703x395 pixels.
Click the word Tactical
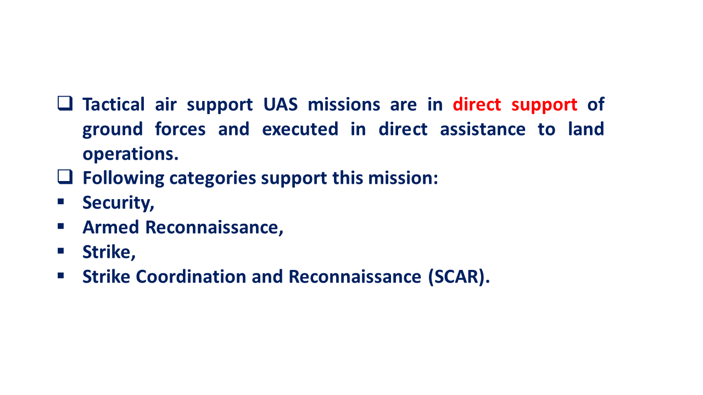114,104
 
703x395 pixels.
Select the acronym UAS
280,104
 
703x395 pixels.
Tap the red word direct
477,104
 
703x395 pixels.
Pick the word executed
300,129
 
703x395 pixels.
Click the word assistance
483,129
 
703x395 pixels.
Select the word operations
130,155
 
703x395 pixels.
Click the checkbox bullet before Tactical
65,104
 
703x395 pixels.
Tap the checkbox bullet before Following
65,177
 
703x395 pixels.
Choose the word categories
213,179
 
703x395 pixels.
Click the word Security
118,203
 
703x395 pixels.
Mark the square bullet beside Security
61,201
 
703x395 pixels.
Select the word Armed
111,227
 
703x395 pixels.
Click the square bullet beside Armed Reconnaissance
61,226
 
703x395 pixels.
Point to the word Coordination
191,276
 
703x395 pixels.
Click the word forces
180,129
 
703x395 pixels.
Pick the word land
586,129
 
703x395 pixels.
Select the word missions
344,104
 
